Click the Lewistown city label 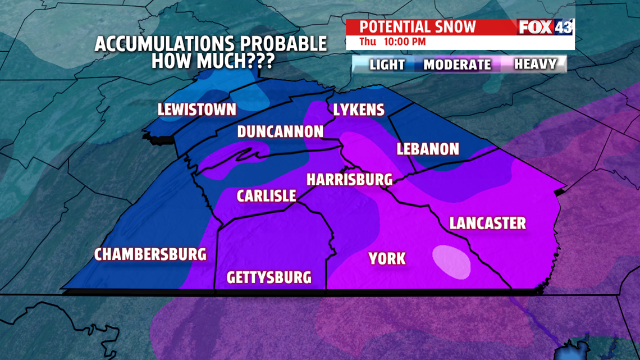(x=196, y=110)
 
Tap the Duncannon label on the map (x=280, y=131)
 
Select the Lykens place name (x=359, y=110)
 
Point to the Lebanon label (x=428, y=149)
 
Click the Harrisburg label (x=349, y=180)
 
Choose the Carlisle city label (x=266, y=196)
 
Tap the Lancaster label (x=487, y=223)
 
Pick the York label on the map (x=387, y=258)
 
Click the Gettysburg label (x=268, y=277)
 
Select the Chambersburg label (x=150, y=254)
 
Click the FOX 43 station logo (x=545, y=27)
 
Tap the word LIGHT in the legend (x=387, y=64)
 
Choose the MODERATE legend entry (x=457, y=64)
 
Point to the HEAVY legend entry (x=535, y=64)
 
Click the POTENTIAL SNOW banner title (x=417, y=27)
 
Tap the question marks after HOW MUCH (x=260, y=61)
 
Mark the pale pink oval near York (x=452, y=262)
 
